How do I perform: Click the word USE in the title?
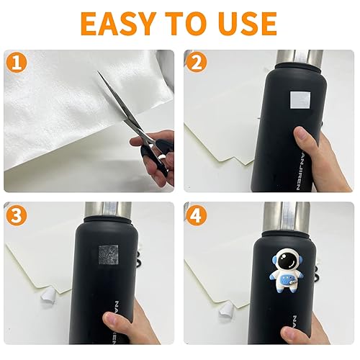(245, 23)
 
